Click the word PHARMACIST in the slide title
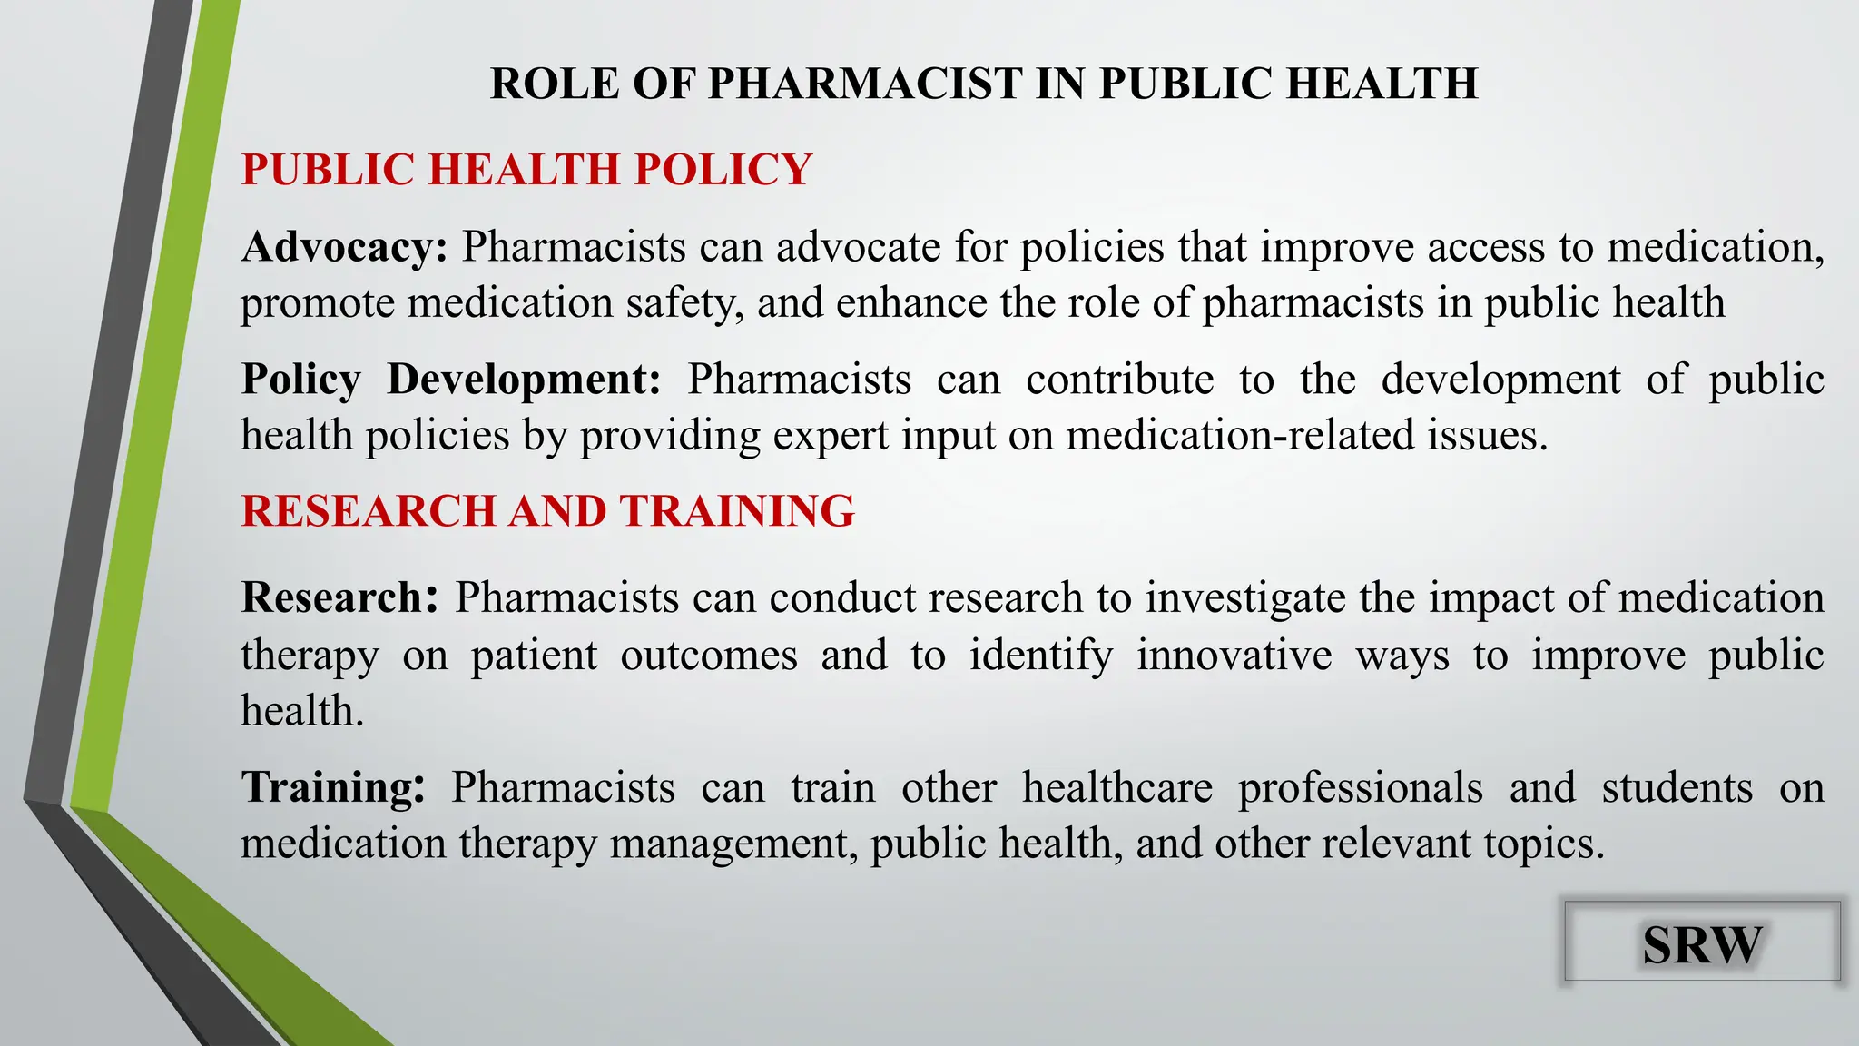(865, 84)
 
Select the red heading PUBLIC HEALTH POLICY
(526, 170)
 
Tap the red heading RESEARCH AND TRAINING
(547, 510)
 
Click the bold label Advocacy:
(344, 247)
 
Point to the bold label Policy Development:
(451, 380)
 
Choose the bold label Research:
(339, 597)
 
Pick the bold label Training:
(333, 787)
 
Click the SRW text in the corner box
(1702, 944)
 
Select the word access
(1486, 247)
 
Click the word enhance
(911, 303)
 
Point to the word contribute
(1119, 380)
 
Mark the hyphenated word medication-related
(1240, 435)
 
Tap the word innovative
(1234, 655)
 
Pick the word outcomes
(709, 655)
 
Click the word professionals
(1361, 787)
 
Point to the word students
(1677, 787)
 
